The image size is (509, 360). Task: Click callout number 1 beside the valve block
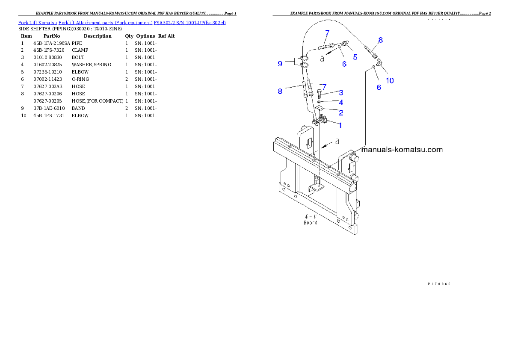tap(340, 125)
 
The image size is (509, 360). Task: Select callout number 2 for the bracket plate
tap(341, 113)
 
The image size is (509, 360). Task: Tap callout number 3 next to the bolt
tap(341, 92)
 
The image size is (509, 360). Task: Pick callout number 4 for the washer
tap(341, 103)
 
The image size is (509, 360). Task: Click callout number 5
tap(355, 56)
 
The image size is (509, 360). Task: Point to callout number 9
tap(280, 64)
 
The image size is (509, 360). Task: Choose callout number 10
tap(390, 80)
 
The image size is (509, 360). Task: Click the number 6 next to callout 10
tap(379, 87)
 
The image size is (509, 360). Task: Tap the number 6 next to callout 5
tap(344, 64)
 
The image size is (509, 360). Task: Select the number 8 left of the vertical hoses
tap(280, 91)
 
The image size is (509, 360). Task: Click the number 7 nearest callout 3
tap(324, 87)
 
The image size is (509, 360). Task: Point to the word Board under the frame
tap(311, 222)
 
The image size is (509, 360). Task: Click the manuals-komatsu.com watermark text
tap(402, 150)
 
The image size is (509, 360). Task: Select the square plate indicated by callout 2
tap(319, 110)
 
